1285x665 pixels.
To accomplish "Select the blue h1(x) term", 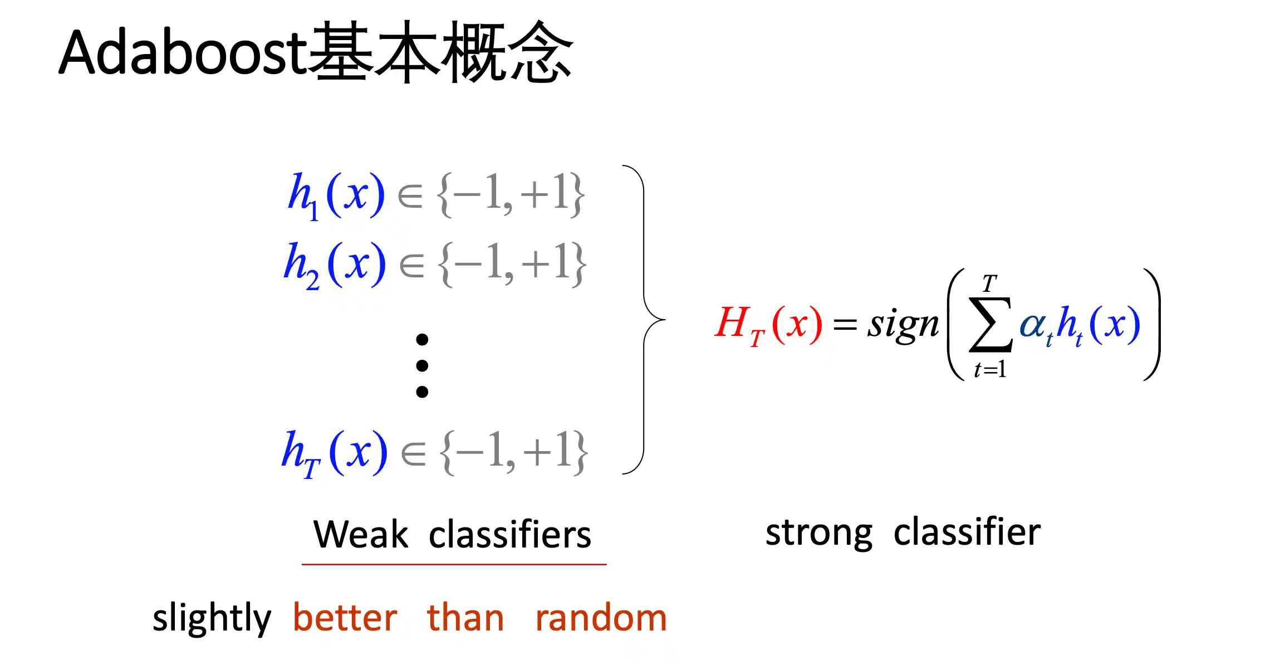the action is coord(336,195).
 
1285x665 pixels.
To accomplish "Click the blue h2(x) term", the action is coord(335,265).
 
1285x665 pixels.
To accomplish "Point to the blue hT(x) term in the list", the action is coord(334,453).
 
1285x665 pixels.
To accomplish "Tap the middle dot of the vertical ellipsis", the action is coord(422,366).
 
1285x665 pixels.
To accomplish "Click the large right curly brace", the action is coord(644,319).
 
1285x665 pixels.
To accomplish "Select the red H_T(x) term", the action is coord(768,326).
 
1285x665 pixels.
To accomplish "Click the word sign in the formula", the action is coord(903,324).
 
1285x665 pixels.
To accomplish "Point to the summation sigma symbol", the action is coord(990,325).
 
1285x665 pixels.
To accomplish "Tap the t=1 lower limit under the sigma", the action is coord(990,369).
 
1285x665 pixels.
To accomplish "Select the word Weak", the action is coord(361,535).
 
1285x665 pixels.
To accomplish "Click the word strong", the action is coord(819,534).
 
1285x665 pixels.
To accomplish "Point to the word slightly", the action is coord(212,618).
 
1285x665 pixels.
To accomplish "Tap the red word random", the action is coord(601,618).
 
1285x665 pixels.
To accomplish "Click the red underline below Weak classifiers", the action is coord(454,564).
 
